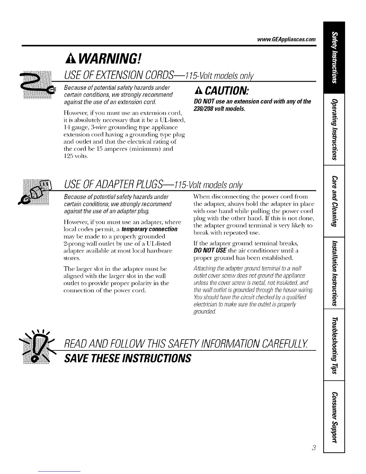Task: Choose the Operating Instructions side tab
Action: tap(334, 129)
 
